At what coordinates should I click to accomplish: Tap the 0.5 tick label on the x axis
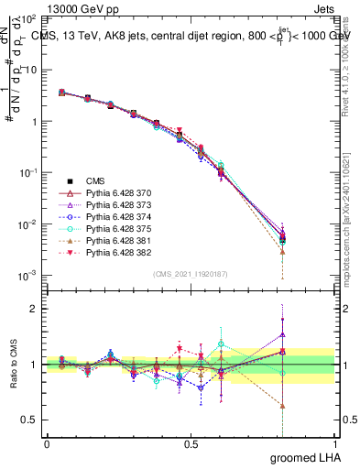point(191,442)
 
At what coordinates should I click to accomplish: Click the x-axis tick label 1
point(334,442)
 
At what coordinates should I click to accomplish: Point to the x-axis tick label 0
point(47,442)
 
